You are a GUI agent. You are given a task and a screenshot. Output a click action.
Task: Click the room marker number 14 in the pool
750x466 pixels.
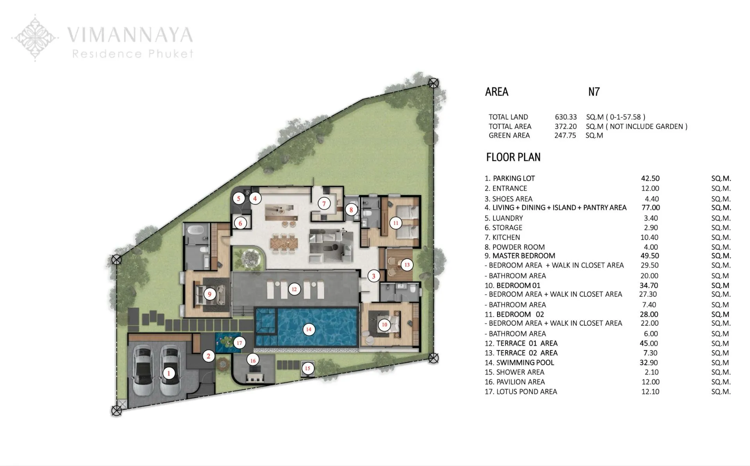coord(309,329)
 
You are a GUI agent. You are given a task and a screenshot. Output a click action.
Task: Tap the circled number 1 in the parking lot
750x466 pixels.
coord(169,373)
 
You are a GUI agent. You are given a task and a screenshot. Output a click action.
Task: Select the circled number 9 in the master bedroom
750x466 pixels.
coord(210,294)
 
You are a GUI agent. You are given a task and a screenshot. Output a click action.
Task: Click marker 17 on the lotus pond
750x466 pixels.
coord(239,343)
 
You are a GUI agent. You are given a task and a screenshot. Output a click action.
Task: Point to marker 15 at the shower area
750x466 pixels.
coord(307,368)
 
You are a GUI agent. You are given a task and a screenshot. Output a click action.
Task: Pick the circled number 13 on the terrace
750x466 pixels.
coord(407,265)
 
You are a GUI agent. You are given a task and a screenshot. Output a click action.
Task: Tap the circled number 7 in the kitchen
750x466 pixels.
coord(324,204)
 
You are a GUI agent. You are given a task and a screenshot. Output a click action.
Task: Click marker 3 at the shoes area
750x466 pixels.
coord(373,276)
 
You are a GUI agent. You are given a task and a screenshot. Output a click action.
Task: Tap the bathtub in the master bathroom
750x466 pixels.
coord(196,231)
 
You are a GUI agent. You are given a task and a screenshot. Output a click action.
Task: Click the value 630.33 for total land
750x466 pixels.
coord(566,117)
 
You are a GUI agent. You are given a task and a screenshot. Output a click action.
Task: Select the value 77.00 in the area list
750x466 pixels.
coord(650,208)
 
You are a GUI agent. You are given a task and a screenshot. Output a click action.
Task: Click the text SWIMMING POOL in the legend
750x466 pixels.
coord(525,362)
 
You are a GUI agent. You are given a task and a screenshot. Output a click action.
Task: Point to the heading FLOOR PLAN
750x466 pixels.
coord(513,157)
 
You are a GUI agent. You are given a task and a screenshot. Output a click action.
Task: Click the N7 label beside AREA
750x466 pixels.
coord(594,92)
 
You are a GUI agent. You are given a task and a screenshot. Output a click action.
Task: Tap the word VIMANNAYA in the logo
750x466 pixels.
coord(130,35)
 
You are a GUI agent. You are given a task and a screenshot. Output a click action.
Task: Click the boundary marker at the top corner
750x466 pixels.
coord(433,83)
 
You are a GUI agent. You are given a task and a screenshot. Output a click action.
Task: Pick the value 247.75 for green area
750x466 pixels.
coord(565,135)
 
